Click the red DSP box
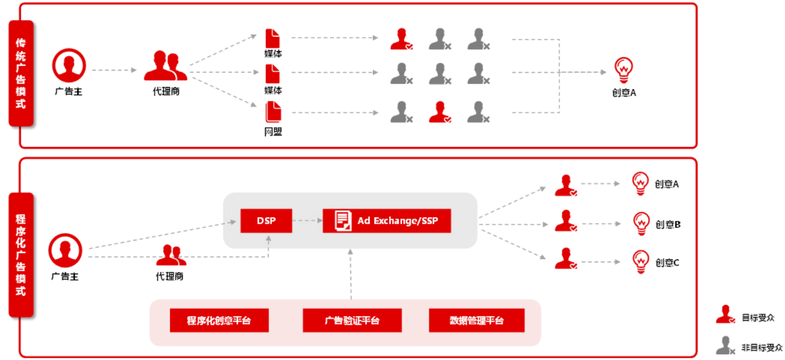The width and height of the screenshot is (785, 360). (x=266, y=221)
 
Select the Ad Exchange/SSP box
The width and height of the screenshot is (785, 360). (x=386, y=221)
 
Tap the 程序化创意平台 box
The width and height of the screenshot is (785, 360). (x=219, y=321)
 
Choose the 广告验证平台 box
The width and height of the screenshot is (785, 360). (x=352, y=321)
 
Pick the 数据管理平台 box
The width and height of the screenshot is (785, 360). (x=476, y=321)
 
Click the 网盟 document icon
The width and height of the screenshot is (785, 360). (x=273, y=112)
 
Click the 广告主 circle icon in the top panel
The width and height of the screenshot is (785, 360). (x=69, y=65)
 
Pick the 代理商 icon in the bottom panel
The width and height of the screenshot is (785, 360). (x=171, y=255)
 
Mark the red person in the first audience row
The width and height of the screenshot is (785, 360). (x=400, y=39)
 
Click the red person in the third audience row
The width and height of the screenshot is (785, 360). (x=439, y=112)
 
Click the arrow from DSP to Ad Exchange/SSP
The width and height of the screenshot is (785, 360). (x=307, y=221)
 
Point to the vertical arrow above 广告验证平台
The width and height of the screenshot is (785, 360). (x=351, y=274)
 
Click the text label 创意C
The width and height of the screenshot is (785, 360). (x=667, y=263)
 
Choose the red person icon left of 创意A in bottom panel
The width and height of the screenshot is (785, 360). (x=565, y=185)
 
